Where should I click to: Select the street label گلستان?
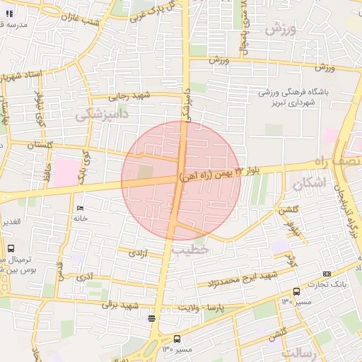(x=41, y=145)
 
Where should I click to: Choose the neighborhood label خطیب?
(x=191, y=250)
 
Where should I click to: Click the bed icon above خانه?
(x=79, y=209)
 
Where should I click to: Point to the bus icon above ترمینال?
(x=11, y=248)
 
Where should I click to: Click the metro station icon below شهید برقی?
(x=151, y=319)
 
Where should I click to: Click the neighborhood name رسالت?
(x=300, y=351)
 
